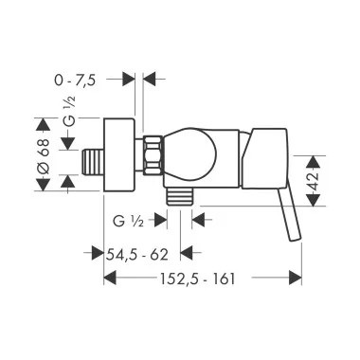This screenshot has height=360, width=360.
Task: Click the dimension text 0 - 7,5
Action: pos(75,81)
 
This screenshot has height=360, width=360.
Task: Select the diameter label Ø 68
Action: pos(44,156)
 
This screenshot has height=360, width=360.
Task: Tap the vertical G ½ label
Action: pos(70,112)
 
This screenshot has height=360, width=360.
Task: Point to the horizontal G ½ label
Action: pos(128,222)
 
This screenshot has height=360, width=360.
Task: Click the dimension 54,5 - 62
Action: pos(136,255)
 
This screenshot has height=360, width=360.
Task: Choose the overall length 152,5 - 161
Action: pos(198,279)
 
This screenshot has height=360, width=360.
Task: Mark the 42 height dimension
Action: pos(314,181)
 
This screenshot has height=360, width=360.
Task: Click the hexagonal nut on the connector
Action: pos(153,154)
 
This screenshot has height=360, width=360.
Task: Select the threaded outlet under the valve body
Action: pos(179,196)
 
